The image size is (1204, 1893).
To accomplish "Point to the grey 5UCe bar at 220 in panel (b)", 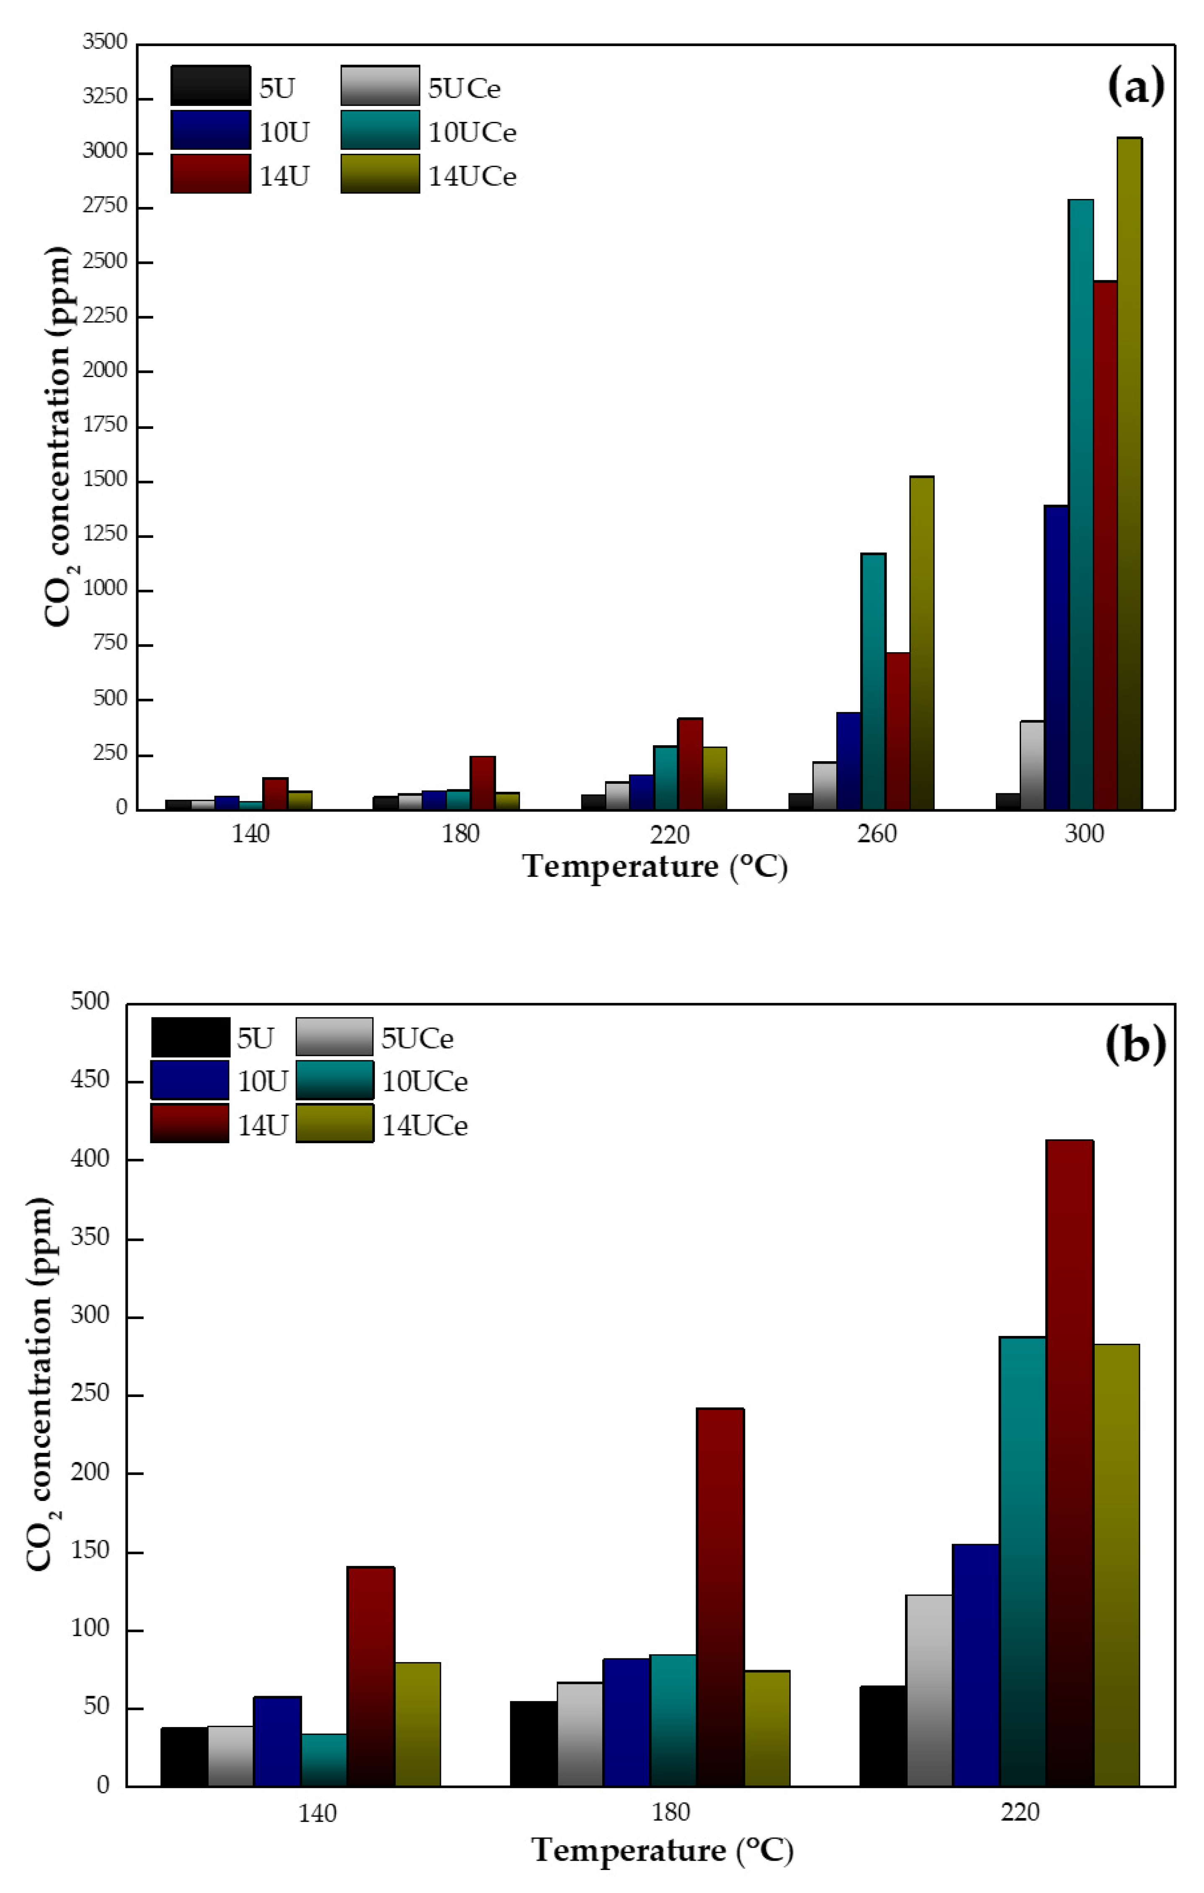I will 929,1690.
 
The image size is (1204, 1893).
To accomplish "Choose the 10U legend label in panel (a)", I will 284,132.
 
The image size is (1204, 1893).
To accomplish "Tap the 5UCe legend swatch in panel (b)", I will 334,1037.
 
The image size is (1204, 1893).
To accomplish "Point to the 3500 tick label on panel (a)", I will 105,42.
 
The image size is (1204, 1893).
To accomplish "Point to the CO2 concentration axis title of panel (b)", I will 39,1384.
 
